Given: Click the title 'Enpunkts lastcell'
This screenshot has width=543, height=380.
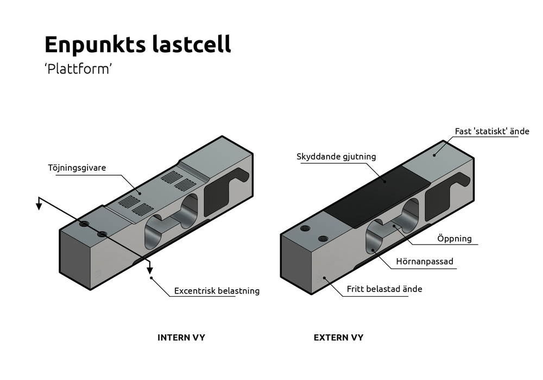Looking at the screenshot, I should point(137,45).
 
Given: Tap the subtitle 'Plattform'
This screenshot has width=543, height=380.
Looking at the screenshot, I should point(78,69).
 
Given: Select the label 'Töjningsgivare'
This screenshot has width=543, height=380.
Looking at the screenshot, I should point(77,168).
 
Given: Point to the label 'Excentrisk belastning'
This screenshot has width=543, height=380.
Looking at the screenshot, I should point(217,291).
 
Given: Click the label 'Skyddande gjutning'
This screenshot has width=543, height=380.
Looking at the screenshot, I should point(336,157).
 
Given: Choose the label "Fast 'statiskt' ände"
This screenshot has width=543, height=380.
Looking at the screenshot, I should point(492,132).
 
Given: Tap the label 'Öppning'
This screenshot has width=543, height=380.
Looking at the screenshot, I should point(454,238).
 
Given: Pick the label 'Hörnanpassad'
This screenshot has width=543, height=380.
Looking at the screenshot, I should point(425,261).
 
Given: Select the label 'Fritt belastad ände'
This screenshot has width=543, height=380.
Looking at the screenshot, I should point(384,289).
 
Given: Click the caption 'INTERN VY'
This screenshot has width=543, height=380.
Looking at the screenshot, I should point(181,338).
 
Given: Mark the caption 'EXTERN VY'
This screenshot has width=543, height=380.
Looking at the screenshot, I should point(338,338).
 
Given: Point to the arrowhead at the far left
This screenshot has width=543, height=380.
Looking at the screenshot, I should point(39,205).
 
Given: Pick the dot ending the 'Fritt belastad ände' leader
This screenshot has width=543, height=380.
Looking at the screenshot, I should point(325,278).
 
